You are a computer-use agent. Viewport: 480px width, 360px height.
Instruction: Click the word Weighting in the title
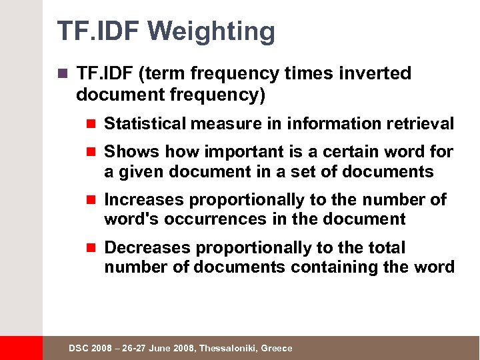pyautogui.click(x=213, y=32)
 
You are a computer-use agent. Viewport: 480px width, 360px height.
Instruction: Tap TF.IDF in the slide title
pyautogui.click(x=99, y=31)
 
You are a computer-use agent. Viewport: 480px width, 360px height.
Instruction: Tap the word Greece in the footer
pyautogui.click(x=276, y=349)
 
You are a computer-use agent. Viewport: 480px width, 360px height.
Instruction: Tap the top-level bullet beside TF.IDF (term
pyautogui.click(x=63, y=74)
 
